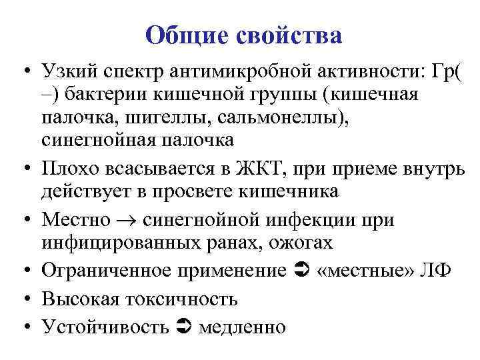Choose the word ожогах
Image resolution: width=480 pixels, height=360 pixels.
point(300,243)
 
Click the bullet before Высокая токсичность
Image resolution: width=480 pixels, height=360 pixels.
point(25,299)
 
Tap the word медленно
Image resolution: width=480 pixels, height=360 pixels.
point(241,327)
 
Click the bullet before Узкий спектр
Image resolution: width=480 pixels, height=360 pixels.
point(25,71)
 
